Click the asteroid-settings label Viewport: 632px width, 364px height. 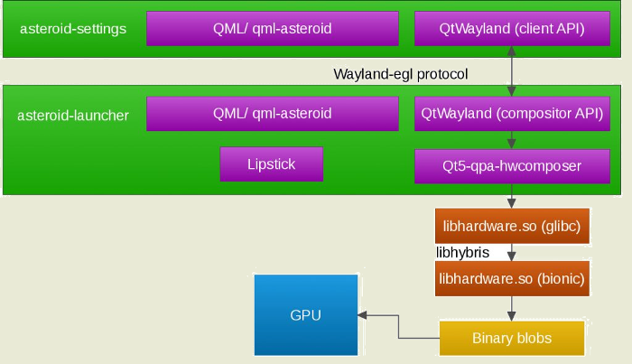[x=73, y=29]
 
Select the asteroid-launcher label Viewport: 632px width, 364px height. [x=73, y=115]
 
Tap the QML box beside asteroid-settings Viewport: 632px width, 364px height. [x=272, y=28]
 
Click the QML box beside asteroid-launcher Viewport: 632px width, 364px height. [x=272, y=114]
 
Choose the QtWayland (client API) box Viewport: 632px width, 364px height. [x=512, y=28]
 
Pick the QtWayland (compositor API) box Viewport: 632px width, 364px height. [x=512, y=114]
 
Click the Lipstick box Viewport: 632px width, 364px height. [x=271, y=164]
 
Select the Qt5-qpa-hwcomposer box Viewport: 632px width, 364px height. [x=512, y=165]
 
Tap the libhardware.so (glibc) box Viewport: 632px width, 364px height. [x=512, y=225]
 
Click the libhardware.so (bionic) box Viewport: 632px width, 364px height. [x=512, y=280]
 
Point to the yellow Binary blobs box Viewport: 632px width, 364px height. [x=512, y=338]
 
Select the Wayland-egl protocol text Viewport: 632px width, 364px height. [x=401, y=73]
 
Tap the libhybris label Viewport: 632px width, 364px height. [x=462, y=252]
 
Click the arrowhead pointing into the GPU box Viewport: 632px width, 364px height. [x=361, y=315]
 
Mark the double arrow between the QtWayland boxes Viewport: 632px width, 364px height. [x=513, y=71]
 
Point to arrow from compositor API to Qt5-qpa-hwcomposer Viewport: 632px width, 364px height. [x=513, y=139]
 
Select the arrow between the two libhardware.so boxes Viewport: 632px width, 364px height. [x=513, y=253]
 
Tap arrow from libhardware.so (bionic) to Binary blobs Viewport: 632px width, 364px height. [x=513, y=308]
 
